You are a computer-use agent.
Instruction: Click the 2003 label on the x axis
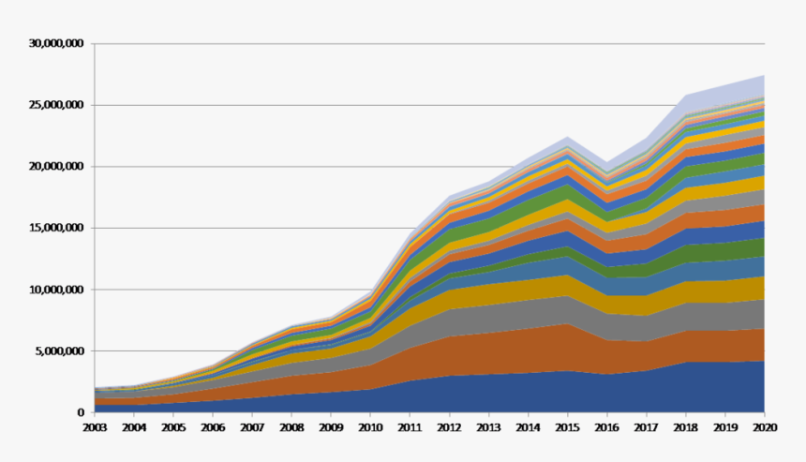(95, 427)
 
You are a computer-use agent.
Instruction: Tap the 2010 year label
(370, 427)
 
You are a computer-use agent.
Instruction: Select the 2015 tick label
(568, 427)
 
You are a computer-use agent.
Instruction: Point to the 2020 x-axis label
(765, 427)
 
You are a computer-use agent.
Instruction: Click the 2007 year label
(252, 427)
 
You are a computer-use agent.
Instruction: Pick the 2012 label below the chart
(449, 427)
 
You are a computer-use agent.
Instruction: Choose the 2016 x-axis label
(607, 427)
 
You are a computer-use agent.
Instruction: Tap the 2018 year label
(686, 427)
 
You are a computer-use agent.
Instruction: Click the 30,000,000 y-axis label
(56, 44)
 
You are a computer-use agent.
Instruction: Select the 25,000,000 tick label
(56, 105)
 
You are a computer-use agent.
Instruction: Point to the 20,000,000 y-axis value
(56, 167)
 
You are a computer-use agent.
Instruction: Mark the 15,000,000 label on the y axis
(56, 228)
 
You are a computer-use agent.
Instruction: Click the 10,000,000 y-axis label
(56, 290)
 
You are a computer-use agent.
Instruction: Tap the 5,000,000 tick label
(60, 351)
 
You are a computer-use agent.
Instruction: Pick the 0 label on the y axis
(81, 412)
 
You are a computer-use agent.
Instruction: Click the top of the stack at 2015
(568, 137)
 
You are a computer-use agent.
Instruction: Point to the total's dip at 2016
(607, 163)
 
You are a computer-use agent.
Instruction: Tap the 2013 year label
(489, 427)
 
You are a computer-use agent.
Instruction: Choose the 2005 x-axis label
(173, 427)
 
